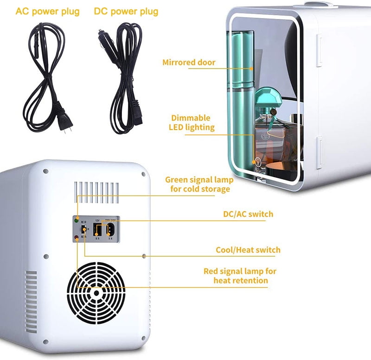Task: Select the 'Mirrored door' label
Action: click(x=189, y=62)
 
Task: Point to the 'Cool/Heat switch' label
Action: click(x=248, y=250)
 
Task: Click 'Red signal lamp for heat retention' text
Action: click(x=240, y=276)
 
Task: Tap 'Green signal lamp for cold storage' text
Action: click(x=198, y=184)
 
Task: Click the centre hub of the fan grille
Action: click(x=96, y=293)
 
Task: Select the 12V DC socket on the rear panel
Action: click(x=97, y=229)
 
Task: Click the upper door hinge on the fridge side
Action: click(x=320, y=49)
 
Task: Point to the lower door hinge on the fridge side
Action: click(x=320, y=151)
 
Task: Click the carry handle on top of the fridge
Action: click(x=320, y=4)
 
